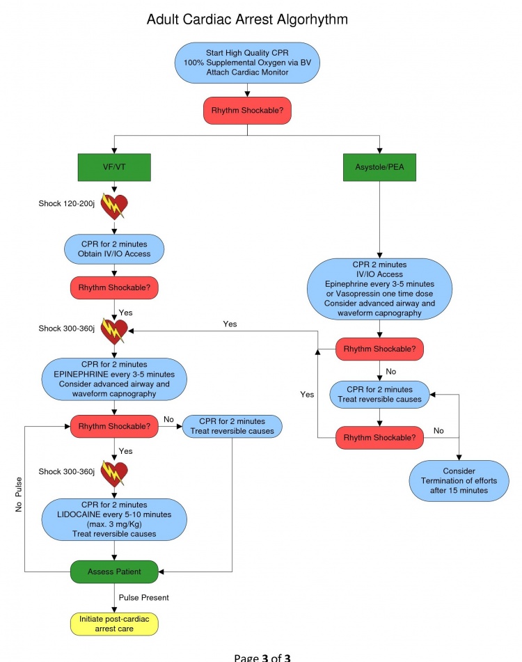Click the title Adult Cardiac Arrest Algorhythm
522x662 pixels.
247,20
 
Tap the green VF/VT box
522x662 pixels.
114,167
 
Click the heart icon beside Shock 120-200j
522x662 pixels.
115,206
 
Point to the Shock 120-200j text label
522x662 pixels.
67,203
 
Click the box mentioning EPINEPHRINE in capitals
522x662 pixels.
114,379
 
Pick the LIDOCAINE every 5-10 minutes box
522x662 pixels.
114,519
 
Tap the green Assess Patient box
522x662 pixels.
114,572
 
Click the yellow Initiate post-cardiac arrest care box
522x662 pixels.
114,624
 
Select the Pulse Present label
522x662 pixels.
144,597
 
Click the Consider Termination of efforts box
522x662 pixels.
459,480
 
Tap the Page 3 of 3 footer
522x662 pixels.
262,656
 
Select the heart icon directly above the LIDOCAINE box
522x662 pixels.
115,474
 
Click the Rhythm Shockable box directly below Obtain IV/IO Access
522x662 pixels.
114,287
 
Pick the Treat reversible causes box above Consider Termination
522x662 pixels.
379,394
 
